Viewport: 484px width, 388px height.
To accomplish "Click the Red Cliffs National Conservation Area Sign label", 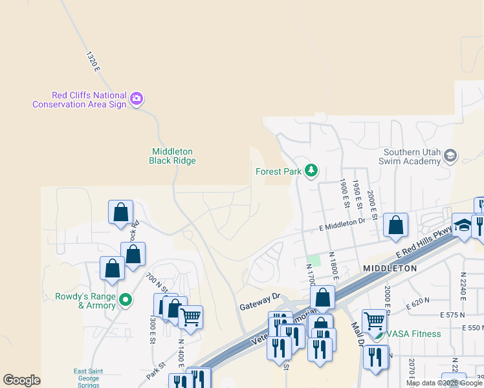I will (79, 100).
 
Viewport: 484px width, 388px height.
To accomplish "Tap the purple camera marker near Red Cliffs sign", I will (137, 99).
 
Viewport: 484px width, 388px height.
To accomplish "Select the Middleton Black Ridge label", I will (172, 156).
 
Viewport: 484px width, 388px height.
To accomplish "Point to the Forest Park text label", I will (279, 171).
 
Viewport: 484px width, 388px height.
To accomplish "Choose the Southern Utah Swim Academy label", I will (412, 156).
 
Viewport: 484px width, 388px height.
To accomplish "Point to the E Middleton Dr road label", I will (343, 224).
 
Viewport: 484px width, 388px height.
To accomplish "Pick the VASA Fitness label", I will (415, 334).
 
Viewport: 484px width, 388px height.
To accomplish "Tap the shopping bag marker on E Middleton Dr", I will (396, 225).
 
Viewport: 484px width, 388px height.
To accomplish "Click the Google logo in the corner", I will (22, 380).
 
